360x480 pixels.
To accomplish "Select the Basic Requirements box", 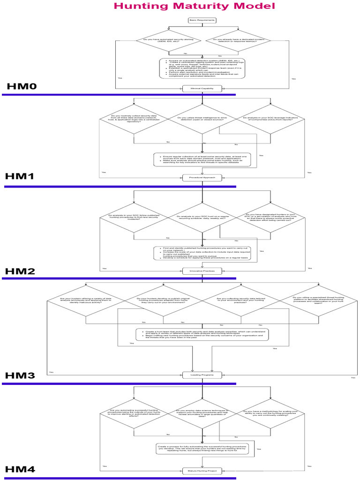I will pos(202,20).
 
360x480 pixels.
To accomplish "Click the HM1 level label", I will pos(20,177).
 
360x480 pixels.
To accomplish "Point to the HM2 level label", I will pos(20,271).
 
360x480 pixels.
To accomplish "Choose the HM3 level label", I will pos(20,375).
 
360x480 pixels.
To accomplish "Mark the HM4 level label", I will pos(20,469).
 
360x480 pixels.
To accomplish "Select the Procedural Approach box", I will pos(202,178).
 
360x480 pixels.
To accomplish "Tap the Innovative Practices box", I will pos(202,271).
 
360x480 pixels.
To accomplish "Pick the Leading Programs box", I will pos(202,375).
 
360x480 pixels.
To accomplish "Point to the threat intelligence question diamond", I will pos(202,120).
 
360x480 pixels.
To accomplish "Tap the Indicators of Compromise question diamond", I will pos(270,120).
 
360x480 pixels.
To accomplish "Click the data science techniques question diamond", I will pos(202,413).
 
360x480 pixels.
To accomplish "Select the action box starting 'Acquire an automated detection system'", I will pos(202,68).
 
